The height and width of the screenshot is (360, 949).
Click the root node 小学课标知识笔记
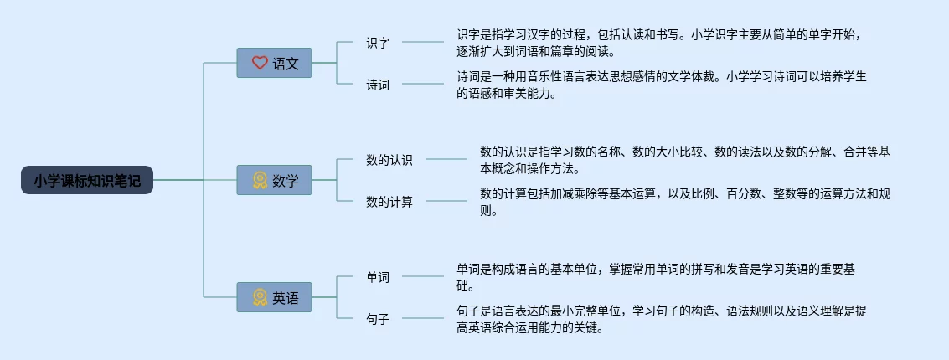point(87,180)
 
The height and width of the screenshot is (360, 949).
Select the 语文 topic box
point(275,63)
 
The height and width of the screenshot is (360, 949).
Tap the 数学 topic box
point(275,180)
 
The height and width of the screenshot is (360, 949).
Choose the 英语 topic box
point(275,297)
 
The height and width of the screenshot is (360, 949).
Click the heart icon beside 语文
point(260,63)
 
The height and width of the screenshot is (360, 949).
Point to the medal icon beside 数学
point(260,180)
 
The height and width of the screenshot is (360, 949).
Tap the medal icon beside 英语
point(260,297)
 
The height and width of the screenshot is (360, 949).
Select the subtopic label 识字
point(378,43)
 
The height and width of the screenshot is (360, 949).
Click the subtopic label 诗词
point(378,85)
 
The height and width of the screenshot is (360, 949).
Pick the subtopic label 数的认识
point(389,160)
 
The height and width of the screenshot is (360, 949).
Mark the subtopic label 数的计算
point(389,202)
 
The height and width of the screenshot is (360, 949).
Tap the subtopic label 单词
point(378,277)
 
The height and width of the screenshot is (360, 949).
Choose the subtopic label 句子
point(378,319)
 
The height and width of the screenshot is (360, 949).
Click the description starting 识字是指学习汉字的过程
point(658,43)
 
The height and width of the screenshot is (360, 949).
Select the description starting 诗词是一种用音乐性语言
point(662,85)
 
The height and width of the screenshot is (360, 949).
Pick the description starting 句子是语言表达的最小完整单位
point(662,319)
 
